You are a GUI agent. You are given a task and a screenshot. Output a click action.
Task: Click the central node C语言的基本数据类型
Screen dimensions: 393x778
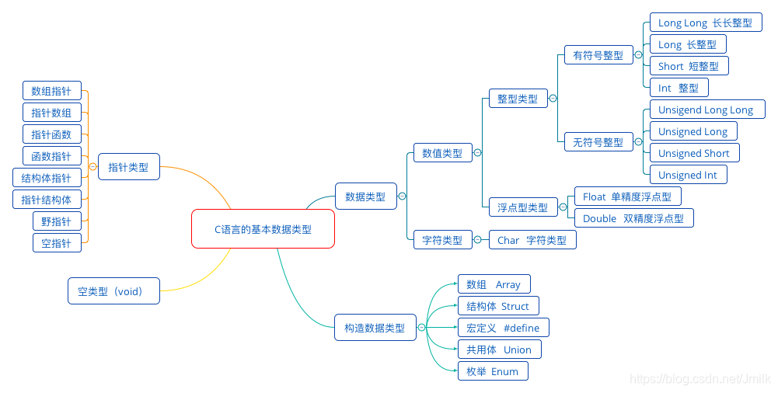[263, 229]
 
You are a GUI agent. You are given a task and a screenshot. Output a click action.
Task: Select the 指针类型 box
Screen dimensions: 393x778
[128, 166]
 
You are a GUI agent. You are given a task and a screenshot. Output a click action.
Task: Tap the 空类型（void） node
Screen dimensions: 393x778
[113, 292]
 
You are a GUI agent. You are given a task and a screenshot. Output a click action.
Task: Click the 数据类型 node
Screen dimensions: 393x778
[365, 196]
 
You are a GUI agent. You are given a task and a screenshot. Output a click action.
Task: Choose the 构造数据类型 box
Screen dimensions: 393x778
[375, 328]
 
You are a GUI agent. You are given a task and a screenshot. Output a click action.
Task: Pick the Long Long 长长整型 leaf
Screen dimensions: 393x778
[705, 23]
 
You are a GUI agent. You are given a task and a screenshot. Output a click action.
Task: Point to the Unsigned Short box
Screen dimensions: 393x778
[694, 153]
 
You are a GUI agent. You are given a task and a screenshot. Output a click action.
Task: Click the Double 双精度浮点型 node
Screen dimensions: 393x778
[633, 218]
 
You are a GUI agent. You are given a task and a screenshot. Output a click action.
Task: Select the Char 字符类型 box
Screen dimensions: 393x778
[532, 240]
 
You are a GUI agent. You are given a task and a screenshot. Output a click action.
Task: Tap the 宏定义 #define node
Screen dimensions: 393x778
[503, 328]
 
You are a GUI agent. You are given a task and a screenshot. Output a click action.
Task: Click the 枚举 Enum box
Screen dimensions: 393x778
[492, 371]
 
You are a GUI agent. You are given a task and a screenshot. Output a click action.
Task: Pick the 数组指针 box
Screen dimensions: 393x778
[51, 91]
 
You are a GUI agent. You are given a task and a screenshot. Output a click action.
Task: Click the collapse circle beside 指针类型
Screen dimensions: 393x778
[92, 166]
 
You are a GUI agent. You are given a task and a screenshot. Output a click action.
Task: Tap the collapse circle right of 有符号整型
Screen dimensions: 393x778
[638, 55]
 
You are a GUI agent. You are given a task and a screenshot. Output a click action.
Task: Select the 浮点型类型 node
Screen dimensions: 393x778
[522, 207]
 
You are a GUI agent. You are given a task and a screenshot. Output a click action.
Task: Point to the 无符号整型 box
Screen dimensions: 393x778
[598, 142]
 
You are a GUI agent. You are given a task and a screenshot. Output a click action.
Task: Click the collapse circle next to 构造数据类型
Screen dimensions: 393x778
[422, 328]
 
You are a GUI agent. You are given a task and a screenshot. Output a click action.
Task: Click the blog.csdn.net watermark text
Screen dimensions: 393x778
[700, 379]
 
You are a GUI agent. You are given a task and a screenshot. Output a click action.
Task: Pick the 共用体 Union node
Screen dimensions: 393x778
[498, 350]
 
